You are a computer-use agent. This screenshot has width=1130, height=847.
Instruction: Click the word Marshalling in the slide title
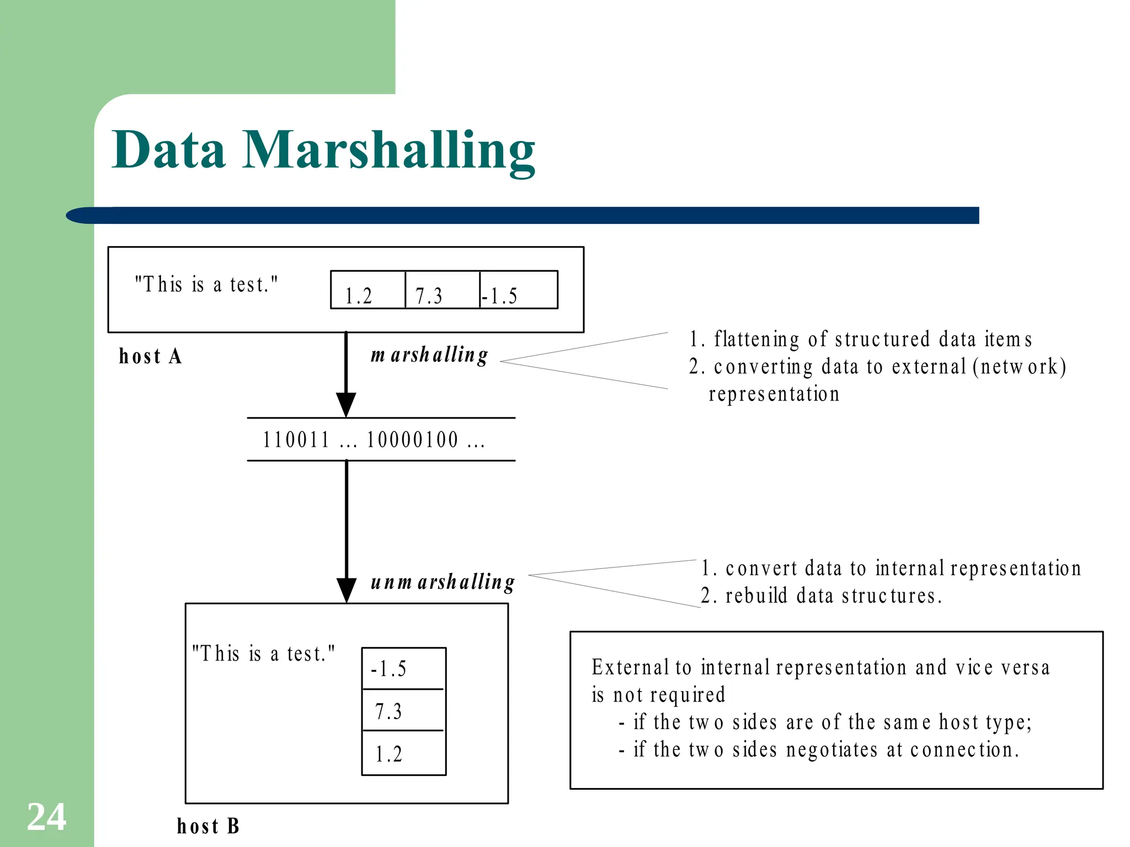[x=388, y=150]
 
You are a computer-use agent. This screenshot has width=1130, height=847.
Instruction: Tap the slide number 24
[x=47, y=817]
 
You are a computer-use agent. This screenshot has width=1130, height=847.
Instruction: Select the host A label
[x=150, y=356]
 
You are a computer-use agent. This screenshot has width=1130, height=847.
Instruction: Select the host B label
[x=208, y=826]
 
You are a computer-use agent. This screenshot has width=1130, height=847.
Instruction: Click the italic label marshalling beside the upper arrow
[x=429, y=355]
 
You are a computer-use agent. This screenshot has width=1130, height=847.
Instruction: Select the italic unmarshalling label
[x=443, y=582]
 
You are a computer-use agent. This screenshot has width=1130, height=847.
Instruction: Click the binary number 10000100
[x=413, y=440]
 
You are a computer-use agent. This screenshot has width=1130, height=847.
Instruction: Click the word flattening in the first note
[x=756, y=339]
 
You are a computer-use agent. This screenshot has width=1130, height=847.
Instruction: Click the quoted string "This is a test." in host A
[x=207, y=285]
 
